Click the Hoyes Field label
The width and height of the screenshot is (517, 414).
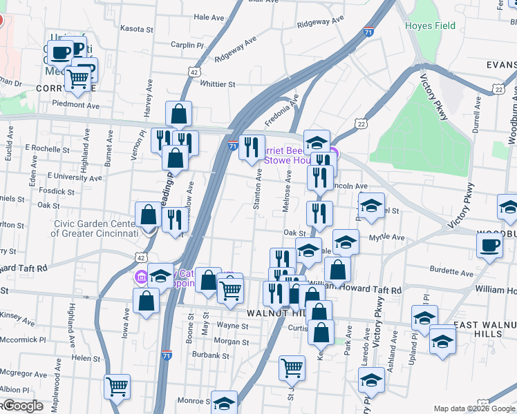coord(430,26)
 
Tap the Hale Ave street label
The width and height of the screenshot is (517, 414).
coord(210,17)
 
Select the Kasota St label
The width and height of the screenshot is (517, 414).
coord(137,30)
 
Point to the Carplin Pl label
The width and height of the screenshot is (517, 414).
coord(187,45)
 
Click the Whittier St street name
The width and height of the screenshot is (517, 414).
coord(218,84)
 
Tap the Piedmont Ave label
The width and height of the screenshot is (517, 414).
coord(77,105)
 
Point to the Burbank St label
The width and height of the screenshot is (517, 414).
coord(211,356)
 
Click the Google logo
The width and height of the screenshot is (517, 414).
coord(22,406)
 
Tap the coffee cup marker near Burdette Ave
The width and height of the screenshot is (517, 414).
coord(489,246)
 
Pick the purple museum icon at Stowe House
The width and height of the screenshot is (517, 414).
coord(332,153)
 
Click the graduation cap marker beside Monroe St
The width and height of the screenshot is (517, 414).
coord(224,402)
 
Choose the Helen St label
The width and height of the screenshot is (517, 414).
coord(86,358)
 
